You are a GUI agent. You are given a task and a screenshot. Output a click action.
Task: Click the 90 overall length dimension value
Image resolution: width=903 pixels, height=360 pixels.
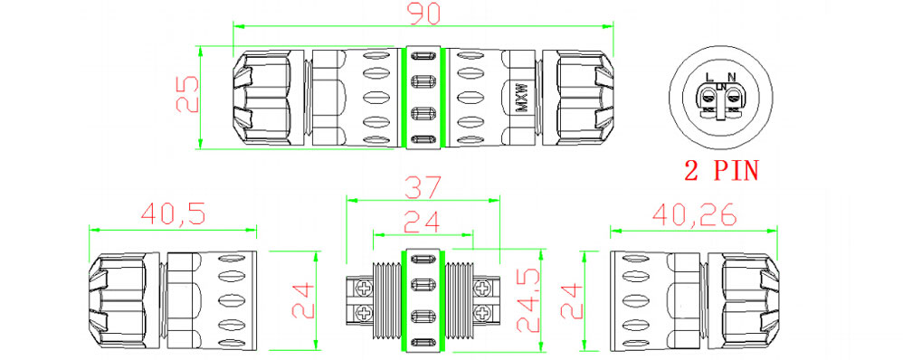pyautogui.click(x=424, y=14)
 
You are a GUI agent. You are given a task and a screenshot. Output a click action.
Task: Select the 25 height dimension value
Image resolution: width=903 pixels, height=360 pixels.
pyautogui.click(x=186, y=94)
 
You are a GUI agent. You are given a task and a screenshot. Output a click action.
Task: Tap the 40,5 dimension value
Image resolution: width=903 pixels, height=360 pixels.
pyautogui.click(x=174, y=214)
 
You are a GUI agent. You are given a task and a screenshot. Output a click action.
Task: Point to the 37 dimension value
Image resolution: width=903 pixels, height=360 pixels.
pyautogui.click(x=423, y=187)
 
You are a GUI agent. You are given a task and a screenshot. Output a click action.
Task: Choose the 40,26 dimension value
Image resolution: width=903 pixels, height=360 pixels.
pyautogui.click(x=695, y=215)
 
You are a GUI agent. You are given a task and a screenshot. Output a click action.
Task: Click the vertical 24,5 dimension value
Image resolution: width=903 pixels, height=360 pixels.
pyautogui.click(x=528, y=300)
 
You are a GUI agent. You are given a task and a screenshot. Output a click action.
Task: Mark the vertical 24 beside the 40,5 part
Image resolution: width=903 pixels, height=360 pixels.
pyautogui.click(x=302, y=299)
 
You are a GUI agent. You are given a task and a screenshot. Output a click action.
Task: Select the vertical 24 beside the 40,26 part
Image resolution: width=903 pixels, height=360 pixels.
pyautogui.click(x=571, y=299)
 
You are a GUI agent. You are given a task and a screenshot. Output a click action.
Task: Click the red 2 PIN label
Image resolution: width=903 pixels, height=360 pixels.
pyautogui.click(x=722, y=170)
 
